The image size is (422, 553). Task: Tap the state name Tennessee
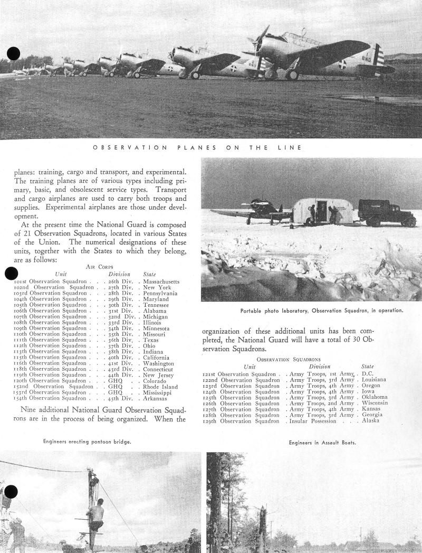[156, 305]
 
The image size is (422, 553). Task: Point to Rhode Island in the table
[161, 387]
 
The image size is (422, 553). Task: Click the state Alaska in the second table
[370, 421]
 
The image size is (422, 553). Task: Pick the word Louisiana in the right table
[374, 380]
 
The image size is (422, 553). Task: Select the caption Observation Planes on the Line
[197, 148]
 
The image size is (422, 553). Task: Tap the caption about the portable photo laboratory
[322, 311]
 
